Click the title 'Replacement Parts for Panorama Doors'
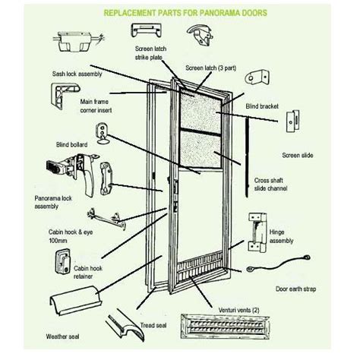coord(185,13)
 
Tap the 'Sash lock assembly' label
coord(77,74)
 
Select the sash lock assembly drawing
coord(78,41)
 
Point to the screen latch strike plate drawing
coord(146,30)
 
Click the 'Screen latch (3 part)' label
coord(210,68)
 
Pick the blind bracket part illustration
coord(257,77)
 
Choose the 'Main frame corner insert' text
coord(96,106)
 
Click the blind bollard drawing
coord(102,134)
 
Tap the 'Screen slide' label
coord(298,155)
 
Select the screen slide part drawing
coord(292,121)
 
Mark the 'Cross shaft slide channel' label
coord(270,185)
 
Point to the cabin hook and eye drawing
coord(107,219)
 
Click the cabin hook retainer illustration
coord(62,261)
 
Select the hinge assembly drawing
coord(257,232)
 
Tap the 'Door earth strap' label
coord(295,289)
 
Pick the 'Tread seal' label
coord(153,325)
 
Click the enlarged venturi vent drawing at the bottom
coord(225,327)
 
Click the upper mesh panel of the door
coord(200,112)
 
